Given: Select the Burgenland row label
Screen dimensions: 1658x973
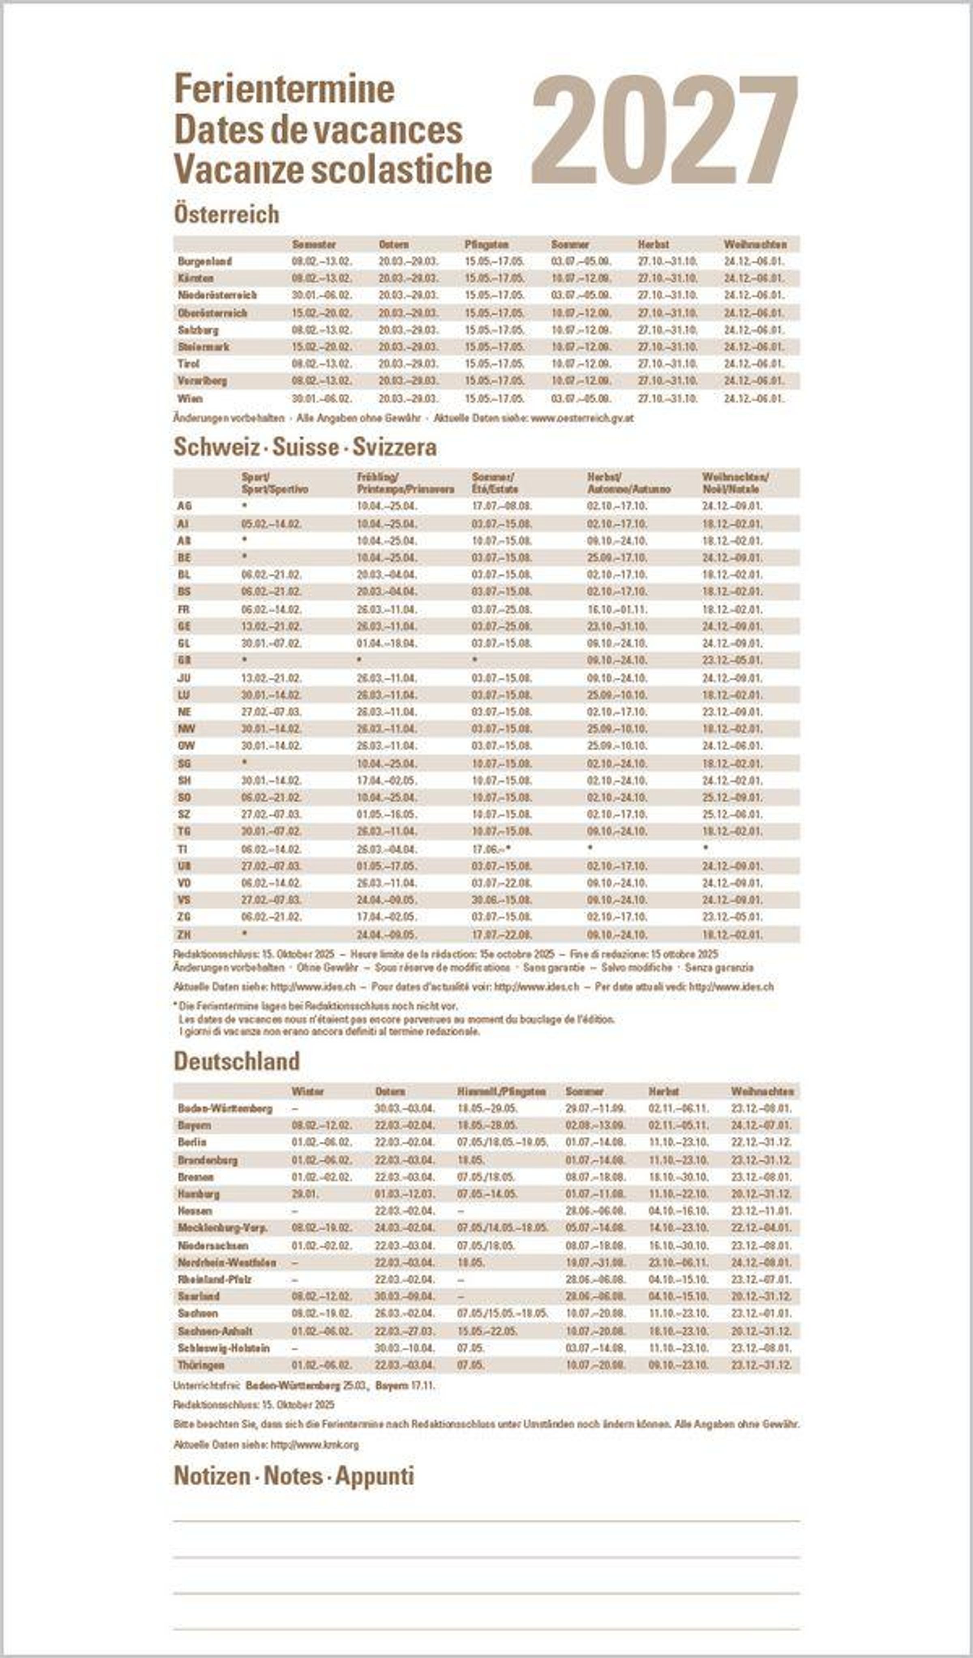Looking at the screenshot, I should click(205, 261).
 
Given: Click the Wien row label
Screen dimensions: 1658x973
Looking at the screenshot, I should click(190, 398).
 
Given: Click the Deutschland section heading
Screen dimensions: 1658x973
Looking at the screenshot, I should click(237, 1061).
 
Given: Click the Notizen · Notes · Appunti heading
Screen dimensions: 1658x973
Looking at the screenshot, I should click(294, 1476).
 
